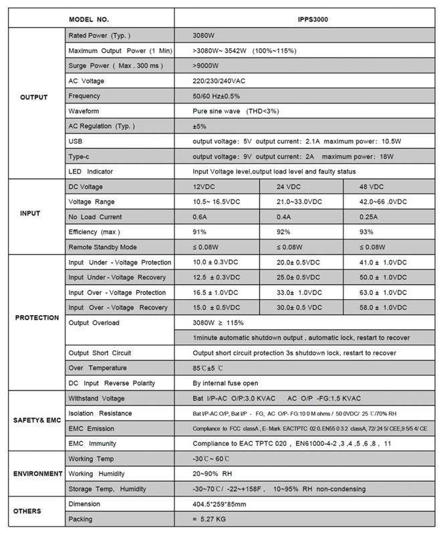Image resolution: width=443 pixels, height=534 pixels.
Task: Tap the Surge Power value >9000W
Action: tap(206, 65)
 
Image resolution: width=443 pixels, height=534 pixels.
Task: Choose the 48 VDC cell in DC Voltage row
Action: tap(372, 187)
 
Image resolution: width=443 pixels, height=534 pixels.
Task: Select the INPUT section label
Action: tap(31, 214)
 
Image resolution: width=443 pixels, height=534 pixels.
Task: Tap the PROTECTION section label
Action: tap(37, 318)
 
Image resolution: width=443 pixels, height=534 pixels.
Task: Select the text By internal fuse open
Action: tap(225, 383)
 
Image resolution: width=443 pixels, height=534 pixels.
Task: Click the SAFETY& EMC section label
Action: tap(37, 421)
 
